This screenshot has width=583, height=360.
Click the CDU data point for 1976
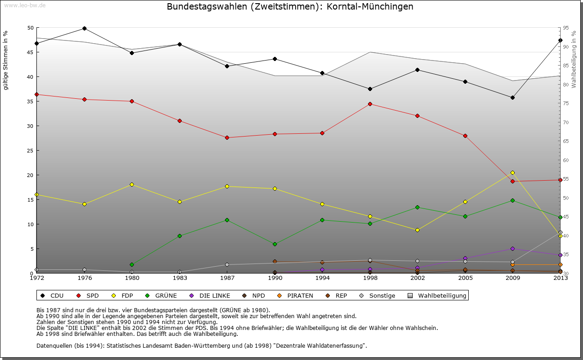(84, 28)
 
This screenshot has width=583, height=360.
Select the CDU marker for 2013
(560, 41)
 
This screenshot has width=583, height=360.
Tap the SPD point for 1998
(370, 104)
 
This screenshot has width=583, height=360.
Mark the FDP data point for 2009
(512, 172)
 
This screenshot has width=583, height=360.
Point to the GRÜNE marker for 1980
(132, 264)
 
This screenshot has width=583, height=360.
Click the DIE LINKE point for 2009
(512, 248)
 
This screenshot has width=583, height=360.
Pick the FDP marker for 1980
(132, 184)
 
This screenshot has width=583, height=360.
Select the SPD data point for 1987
(227, 137)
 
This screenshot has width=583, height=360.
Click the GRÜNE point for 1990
(275, 244)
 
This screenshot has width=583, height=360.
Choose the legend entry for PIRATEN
(296, 296)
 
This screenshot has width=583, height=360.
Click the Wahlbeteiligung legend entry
(438, 296)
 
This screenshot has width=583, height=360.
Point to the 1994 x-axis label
(322, 278)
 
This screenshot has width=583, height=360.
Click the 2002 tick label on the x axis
(417, 278)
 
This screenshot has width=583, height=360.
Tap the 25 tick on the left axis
(31, 151)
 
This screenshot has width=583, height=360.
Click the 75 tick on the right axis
(566, 104)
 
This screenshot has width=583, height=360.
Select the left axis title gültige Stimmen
(5, 60)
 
